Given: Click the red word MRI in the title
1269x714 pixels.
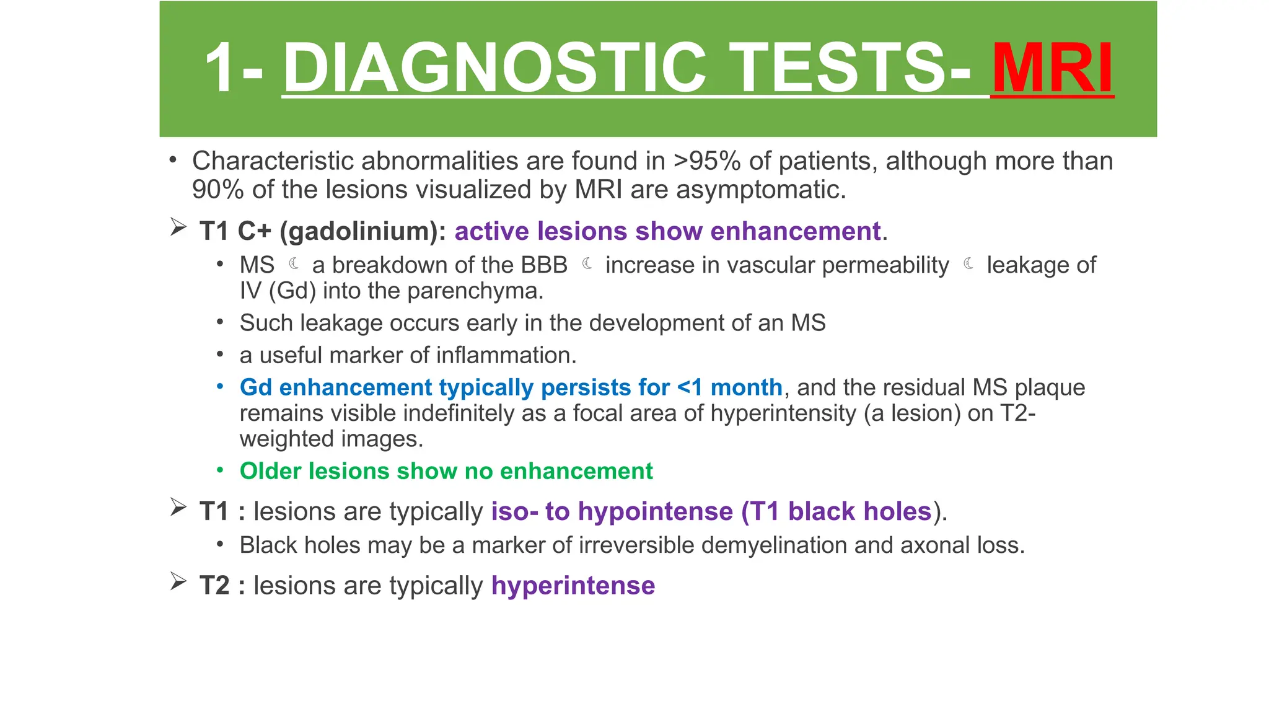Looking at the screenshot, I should tap(1052, 68).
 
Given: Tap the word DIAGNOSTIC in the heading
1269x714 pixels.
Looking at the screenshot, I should tap(494, 68).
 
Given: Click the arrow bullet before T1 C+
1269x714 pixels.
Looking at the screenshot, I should tap(178, 227).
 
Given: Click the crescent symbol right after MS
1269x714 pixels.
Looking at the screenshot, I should tap(294, 264).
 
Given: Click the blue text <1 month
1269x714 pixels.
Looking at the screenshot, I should tap(729, 387).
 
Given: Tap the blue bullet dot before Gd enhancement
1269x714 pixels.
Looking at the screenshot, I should tap(220, 387).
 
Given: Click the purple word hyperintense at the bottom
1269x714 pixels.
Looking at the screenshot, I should tap(573, 586).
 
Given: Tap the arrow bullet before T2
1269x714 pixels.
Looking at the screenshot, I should tap(178, 582).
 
